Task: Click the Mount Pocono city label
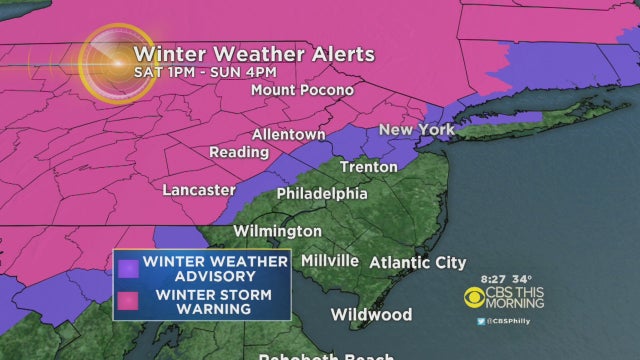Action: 302,89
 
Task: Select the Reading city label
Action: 238,152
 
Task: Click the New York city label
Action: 417,130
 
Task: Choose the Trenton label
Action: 368,166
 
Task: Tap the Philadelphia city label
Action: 321,193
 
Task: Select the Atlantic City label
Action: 418,263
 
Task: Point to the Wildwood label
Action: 371,314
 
